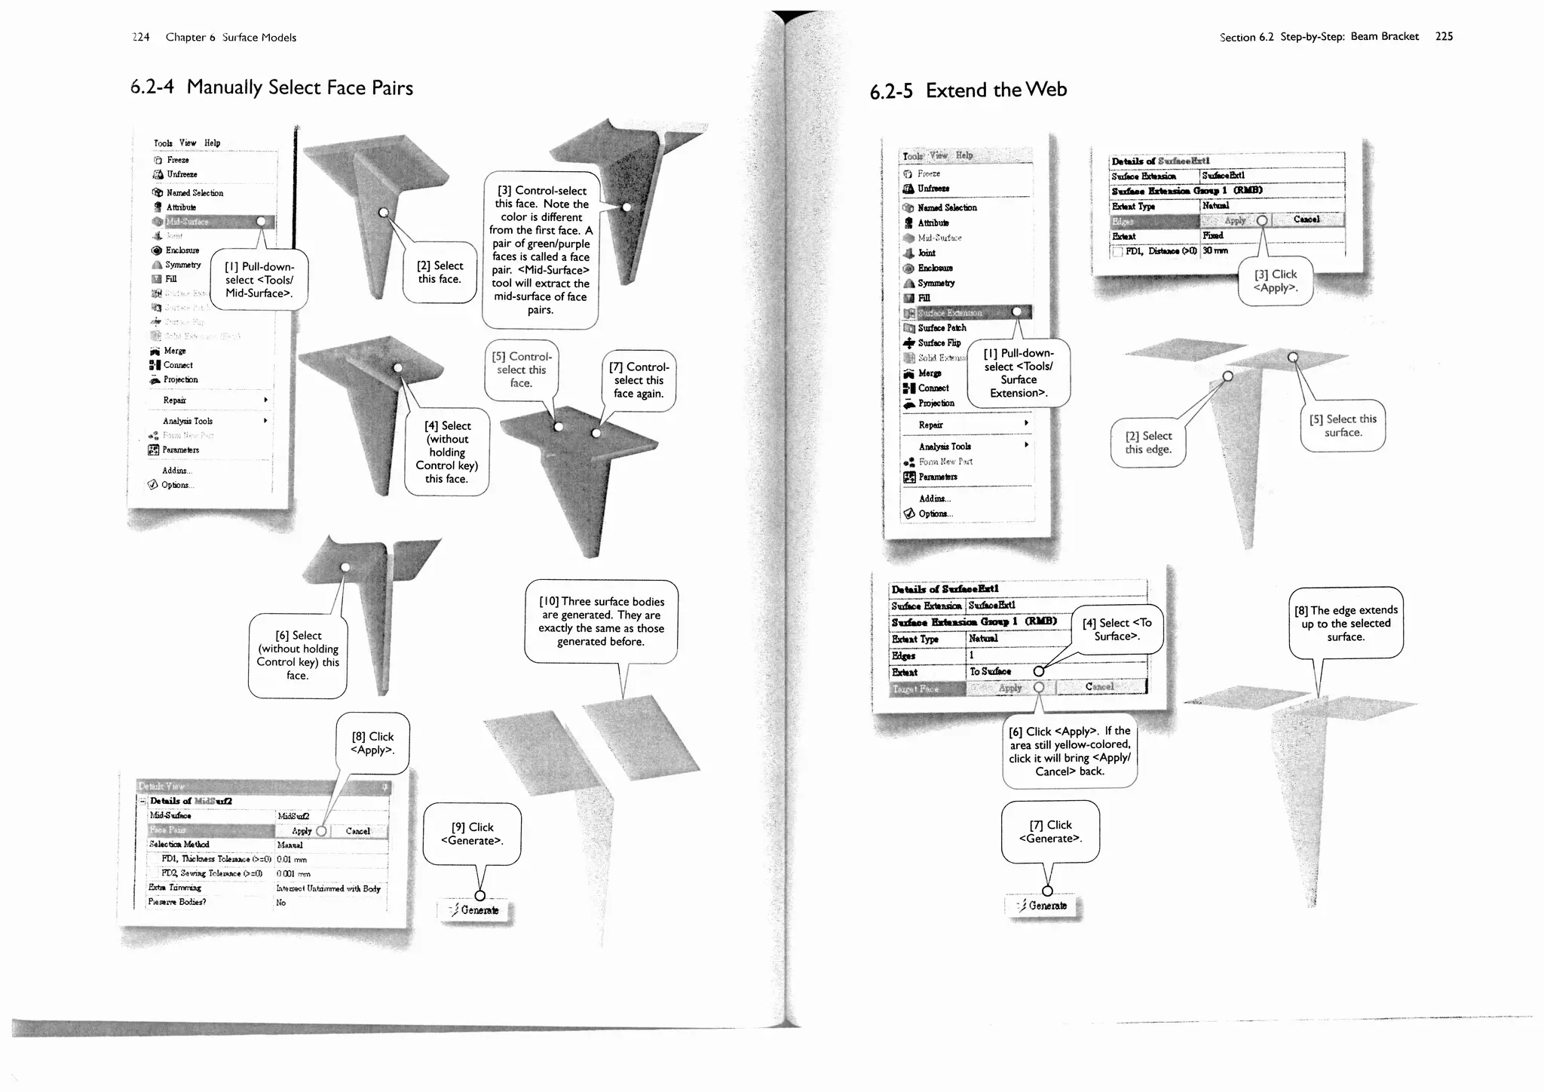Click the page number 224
[141, 37]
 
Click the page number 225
[1444, 36]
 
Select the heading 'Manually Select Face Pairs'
[299, 87]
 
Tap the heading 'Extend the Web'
[996, 90]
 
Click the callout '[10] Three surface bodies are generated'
[601, 621]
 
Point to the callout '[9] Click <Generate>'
[472, 833]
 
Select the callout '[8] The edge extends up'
[1346, 623]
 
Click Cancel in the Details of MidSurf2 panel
[357, 831]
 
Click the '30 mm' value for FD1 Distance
[1215, 251]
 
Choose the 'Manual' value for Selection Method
[290, 845]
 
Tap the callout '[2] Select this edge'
[1147, 443]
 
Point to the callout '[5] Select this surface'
[1343, 425]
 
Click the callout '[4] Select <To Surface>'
[1117, 629]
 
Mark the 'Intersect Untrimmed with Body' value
[328, 888]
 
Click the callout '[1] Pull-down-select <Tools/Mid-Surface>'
[259, 280]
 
